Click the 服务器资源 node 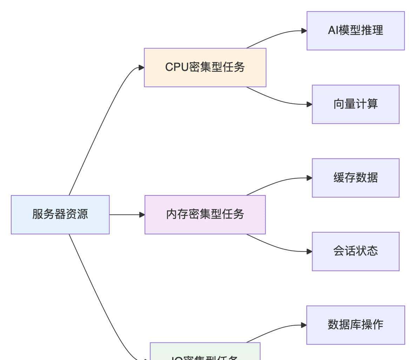(x=60, y=214)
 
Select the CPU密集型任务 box (x=205, y=67)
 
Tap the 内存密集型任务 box (x=205, y=214)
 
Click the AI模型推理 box (x=355, y=31)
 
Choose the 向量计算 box (x=355, y=104)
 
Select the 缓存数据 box (x=355, y=178)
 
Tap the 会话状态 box (x=355, y=251)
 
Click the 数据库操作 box (x=355, y=325)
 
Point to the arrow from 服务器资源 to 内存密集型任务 (x=126, y=214)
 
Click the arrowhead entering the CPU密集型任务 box (x=141, y=67)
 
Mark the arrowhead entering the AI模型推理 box (x=304, y=31)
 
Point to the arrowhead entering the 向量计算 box (x=309, y=104)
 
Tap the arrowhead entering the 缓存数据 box (x=309, y=178)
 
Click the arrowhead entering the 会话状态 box (x=309, y=251)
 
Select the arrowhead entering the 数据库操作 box (x=304, y=325)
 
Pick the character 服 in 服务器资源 (x=38, y=214)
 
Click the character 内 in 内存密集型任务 (x=172, y=214)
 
